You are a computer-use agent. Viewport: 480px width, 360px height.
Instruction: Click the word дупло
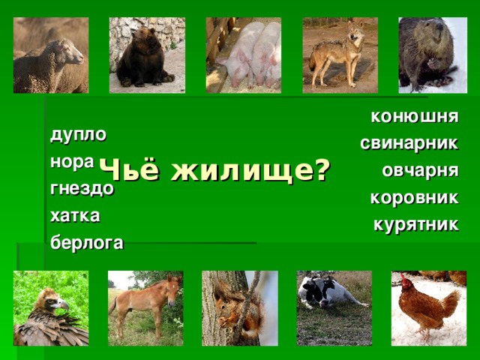(78, 136)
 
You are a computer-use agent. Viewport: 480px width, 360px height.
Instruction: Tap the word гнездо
(82, 189)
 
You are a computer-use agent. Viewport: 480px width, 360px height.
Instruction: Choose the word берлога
(87, 243)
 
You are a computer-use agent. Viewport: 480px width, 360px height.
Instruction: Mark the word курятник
(415, 224)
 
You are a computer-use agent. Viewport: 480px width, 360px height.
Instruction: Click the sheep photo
(50, 60)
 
